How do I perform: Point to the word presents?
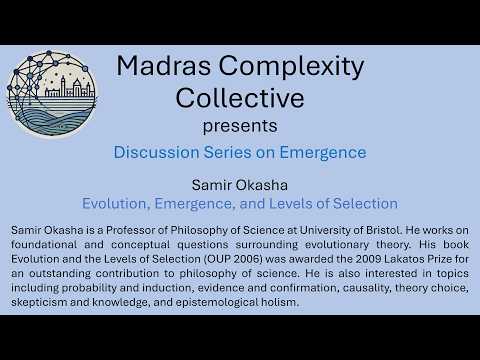click(239, 126)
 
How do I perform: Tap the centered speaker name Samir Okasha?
click(239, 185)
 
